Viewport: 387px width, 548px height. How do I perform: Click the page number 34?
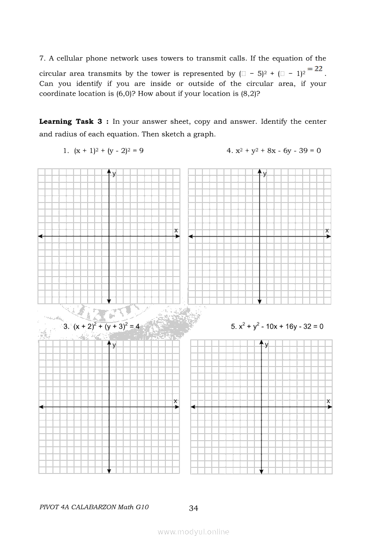[x=193, y=508]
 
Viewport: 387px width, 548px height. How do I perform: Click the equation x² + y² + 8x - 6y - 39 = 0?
[x=274, y=151]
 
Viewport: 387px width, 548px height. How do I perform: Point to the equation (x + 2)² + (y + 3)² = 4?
[x=102, y=326]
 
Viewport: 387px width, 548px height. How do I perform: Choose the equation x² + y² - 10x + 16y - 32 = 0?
[x=277, y=326]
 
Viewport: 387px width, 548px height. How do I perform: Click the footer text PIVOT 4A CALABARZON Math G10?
[x=94, y=507]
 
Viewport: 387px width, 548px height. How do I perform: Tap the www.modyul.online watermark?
[x=193, y=532]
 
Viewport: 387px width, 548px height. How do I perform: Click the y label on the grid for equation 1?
[x=114, y=174]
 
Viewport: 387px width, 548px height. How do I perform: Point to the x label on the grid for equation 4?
[x=327, y=230]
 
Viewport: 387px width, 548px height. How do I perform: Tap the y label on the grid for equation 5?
[x=267, y=345]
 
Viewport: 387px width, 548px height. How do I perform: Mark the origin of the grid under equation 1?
[x=109, y=236]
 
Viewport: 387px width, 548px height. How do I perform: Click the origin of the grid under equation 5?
[x=261, y=407]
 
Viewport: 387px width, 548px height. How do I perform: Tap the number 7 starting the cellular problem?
[x=42, y=59]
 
